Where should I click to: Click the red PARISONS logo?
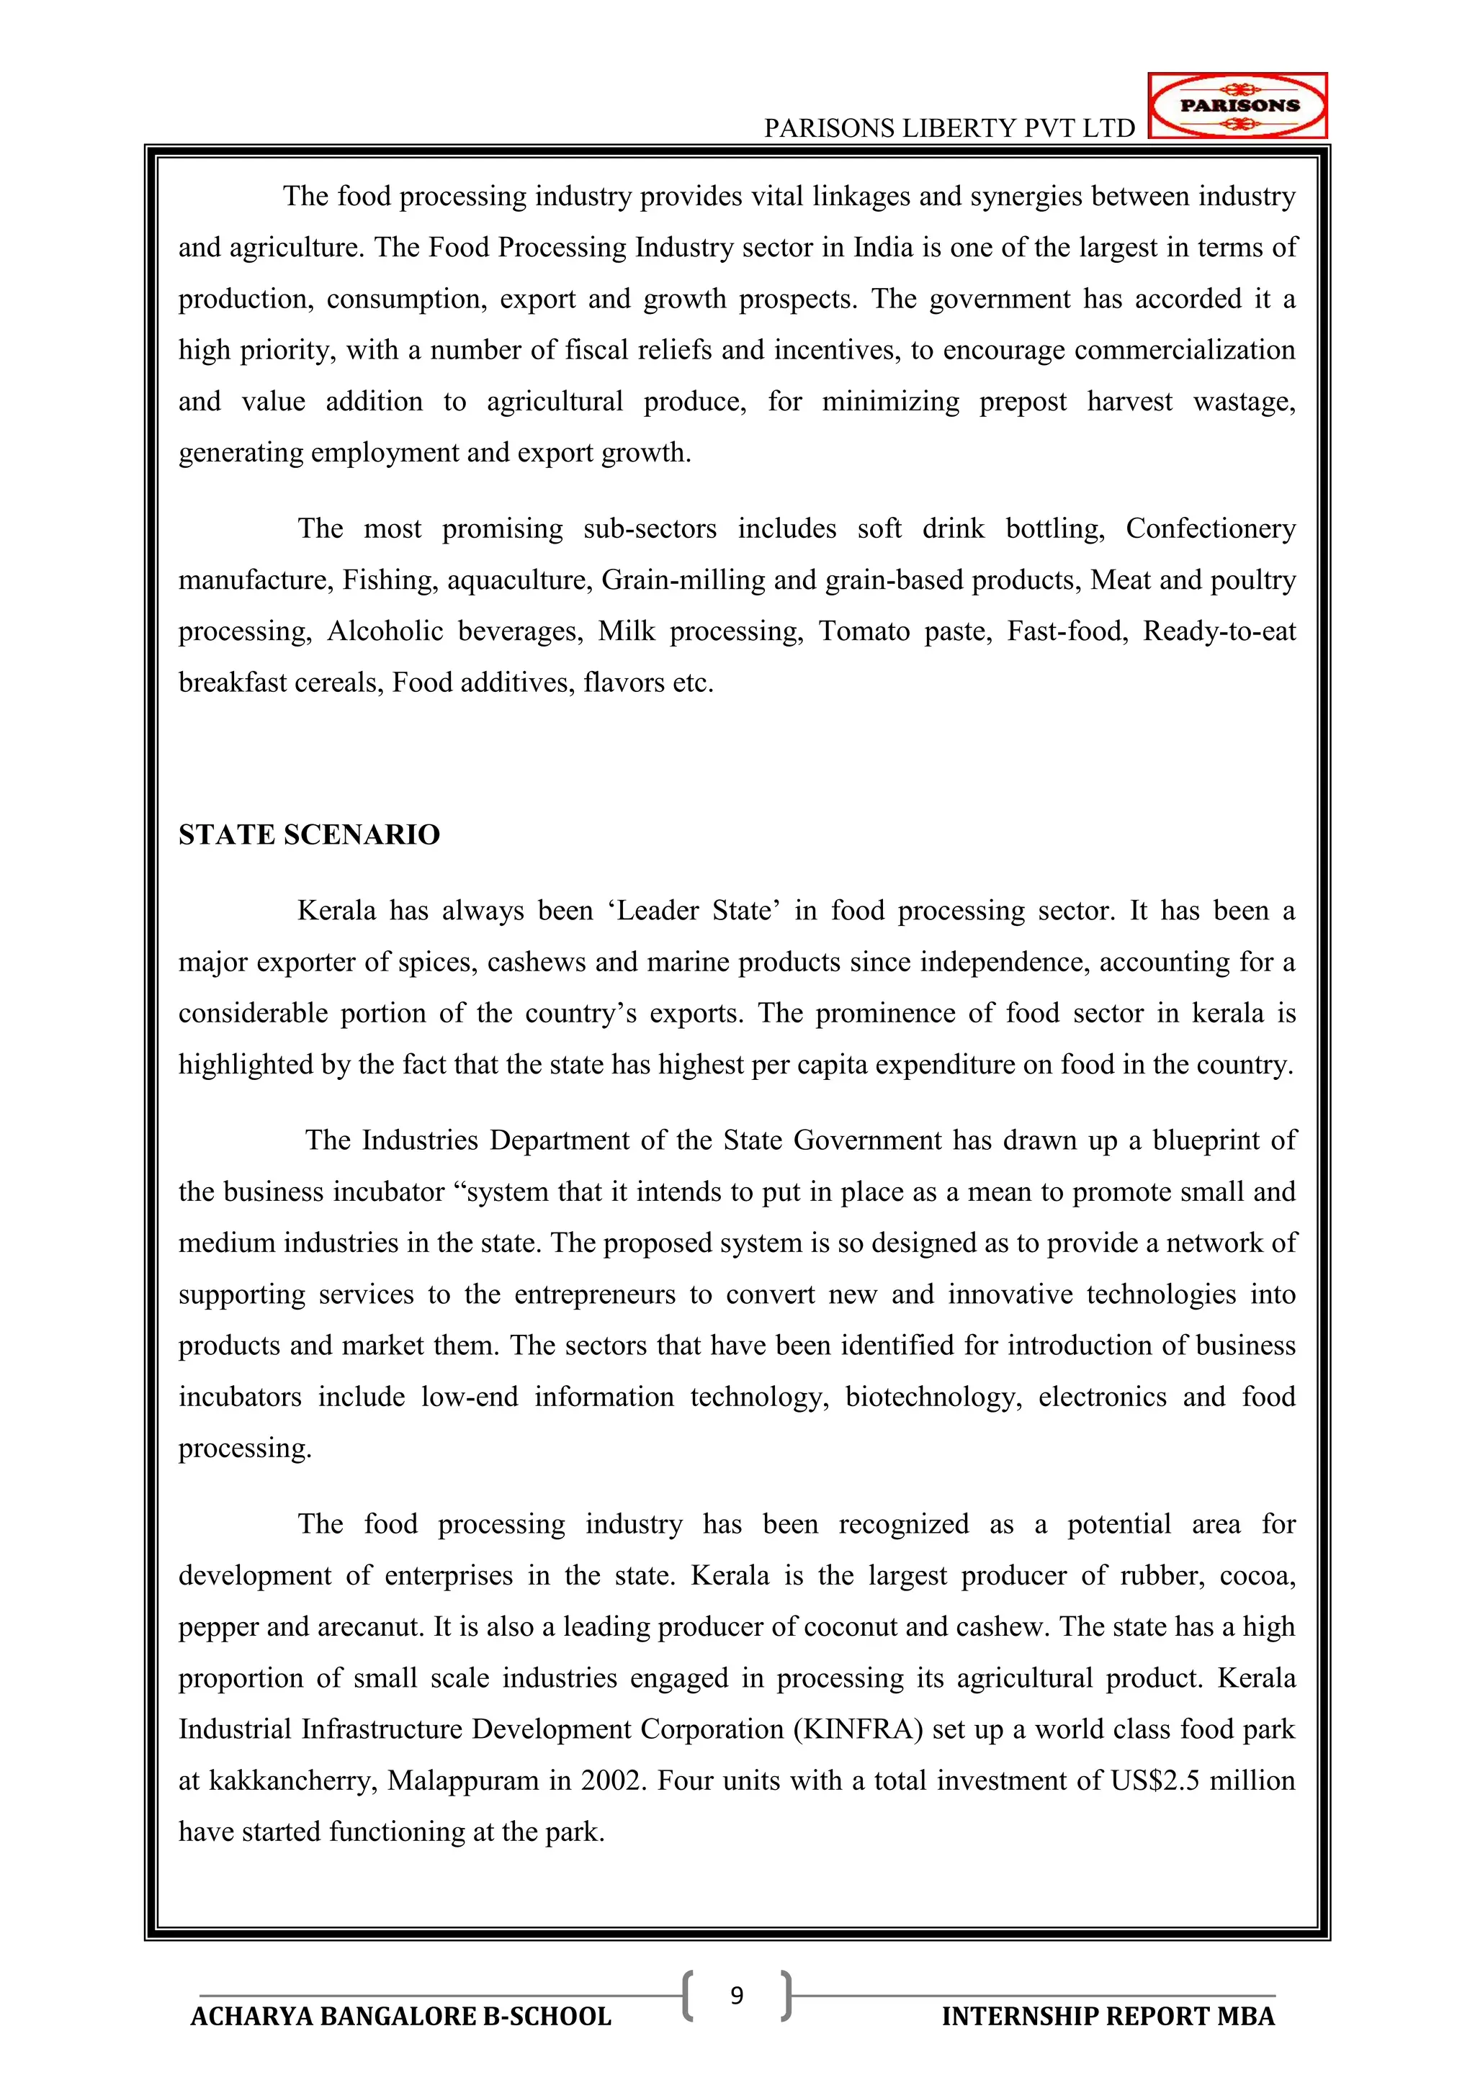tap(1237, 105)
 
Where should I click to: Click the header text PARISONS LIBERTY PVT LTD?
tap(949, 128)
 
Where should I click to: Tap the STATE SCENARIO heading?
tap(309, 834)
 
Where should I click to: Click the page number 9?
tap(737, 1995)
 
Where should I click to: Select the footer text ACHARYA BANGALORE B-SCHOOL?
tap(400, 2017)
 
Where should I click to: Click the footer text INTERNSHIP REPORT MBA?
tap(1108, 2017)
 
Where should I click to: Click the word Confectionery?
tap(1210, 528)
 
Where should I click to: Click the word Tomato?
tap(864, 631)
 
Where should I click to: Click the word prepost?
tap(1023, 402)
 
